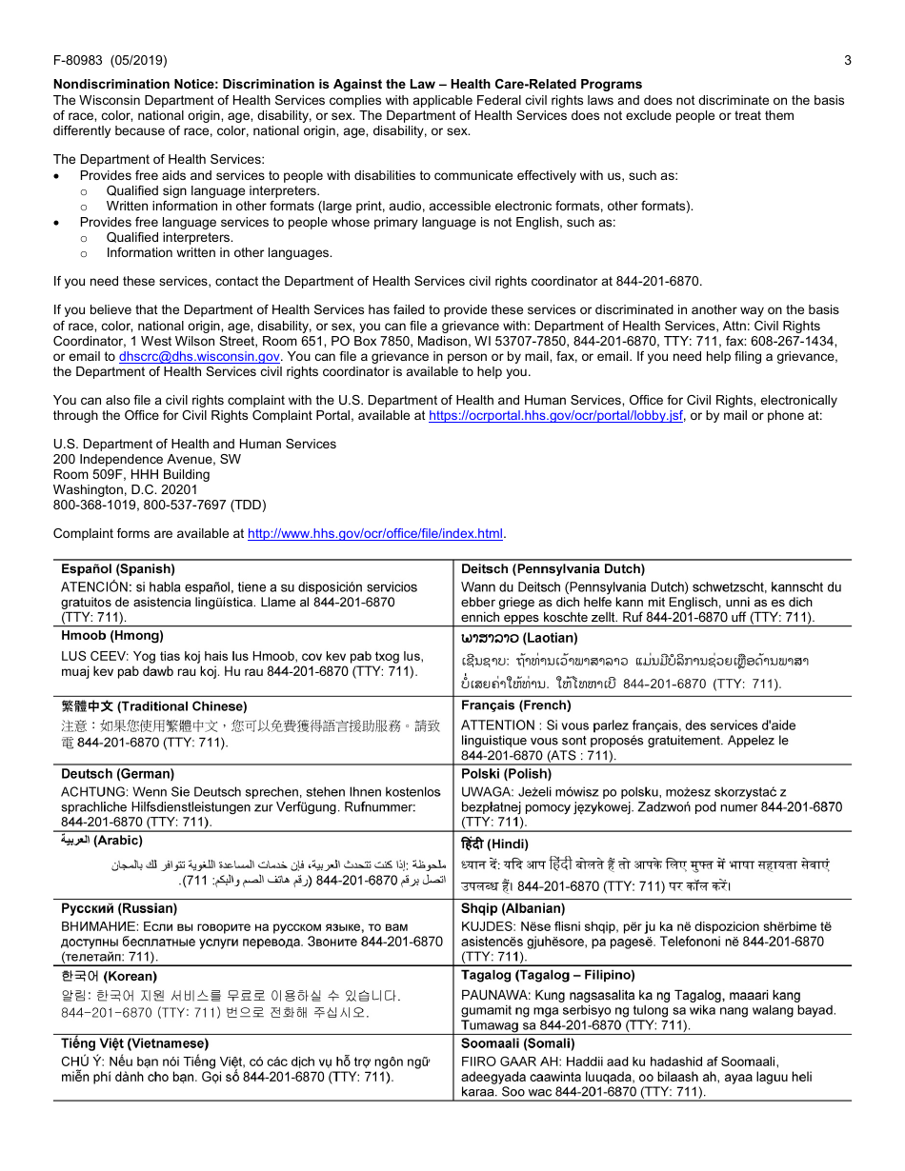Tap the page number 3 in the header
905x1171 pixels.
click(847, 61)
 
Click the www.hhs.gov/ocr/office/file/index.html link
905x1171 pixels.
click(375, 533)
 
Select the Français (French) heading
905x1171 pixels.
click(516, 705)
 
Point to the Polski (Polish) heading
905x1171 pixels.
click(506, 774)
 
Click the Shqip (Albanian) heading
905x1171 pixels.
click(513, 908)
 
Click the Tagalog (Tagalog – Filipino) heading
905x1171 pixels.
click(548, 975)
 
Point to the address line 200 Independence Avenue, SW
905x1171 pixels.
click(147, 459)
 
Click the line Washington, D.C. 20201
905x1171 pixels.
click(126, 489)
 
